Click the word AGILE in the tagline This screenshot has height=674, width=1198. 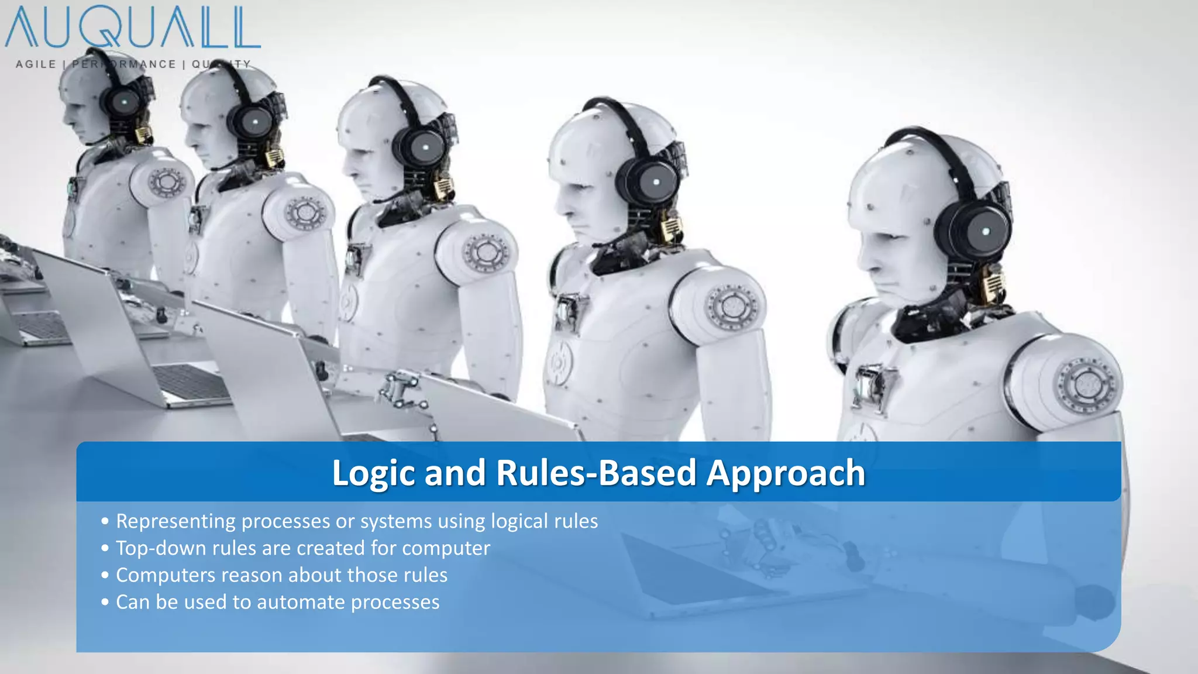click(36, 64)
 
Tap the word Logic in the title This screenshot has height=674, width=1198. click(373, 473)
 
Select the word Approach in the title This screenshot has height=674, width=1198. click(786, 473)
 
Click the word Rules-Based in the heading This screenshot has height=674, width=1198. click(596, 473)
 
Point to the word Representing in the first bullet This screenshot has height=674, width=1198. click(175, 521)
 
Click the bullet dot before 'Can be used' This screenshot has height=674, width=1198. click(105, 602)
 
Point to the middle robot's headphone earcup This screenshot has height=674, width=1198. click(425, 147)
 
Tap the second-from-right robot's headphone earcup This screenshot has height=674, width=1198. click(655, 183)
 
